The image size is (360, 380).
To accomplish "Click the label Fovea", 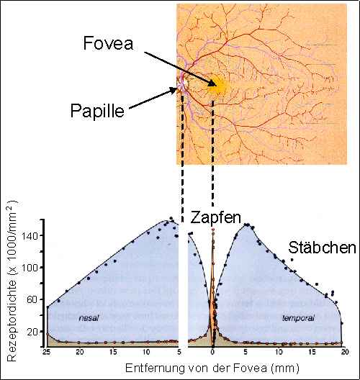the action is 108,43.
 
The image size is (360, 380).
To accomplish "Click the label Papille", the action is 97,111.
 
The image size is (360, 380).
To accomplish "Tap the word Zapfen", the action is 215,218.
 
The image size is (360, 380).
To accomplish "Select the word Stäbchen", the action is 322,248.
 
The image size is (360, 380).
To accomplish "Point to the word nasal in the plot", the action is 89,317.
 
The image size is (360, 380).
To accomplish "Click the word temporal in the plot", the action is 298,318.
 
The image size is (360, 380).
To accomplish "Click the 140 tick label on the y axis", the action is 30,235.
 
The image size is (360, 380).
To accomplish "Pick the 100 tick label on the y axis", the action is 30,268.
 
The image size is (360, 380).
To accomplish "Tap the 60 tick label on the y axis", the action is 32,300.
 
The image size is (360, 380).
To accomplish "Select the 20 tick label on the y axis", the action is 32,332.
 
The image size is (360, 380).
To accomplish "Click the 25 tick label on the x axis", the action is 46,352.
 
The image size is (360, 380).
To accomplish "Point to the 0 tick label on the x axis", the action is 212,352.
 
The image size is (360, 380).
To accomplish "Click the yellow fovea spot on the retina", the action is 216,86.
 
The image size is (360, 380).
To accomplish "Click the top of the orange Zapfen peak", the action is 213,229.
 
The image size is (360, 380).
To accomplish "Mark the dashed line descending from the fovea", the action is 213,153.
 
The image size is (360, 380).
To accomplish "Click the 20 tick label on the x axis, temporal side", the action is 345,352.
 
